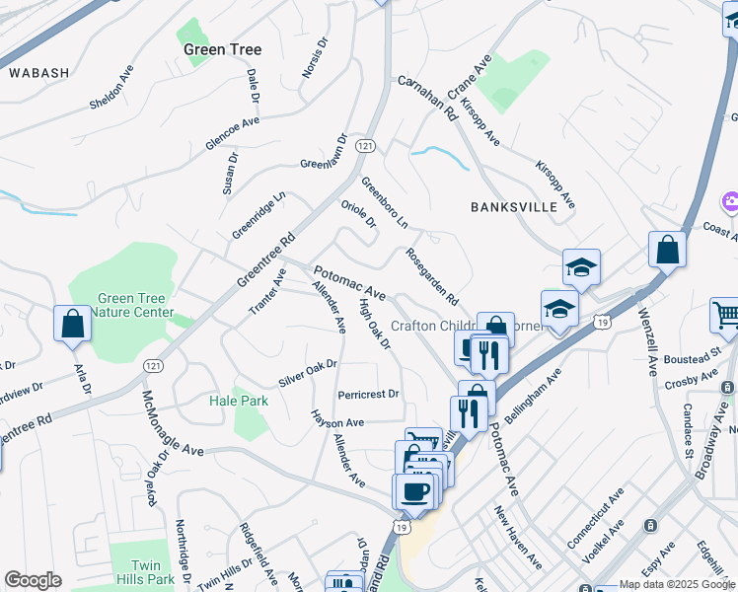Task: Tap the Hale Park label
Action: [239, 402]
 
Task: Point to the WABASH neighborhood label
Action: [39, 73]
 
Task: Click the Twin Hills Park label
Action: [153, 572]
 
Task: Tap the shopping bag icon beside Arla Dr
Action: [73, 324]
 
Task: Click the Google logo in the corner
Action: [33, 580]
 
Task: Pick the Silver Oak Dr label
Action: [308, 372]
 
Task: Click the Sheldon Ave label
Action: [111, 88]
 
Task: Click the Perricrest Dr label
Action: [368, 394]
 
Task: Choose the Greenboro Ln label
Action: [384, 202]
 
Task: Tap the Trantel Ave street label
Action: [267, 292]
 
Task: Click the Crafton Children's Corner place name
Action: [434, 326]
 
